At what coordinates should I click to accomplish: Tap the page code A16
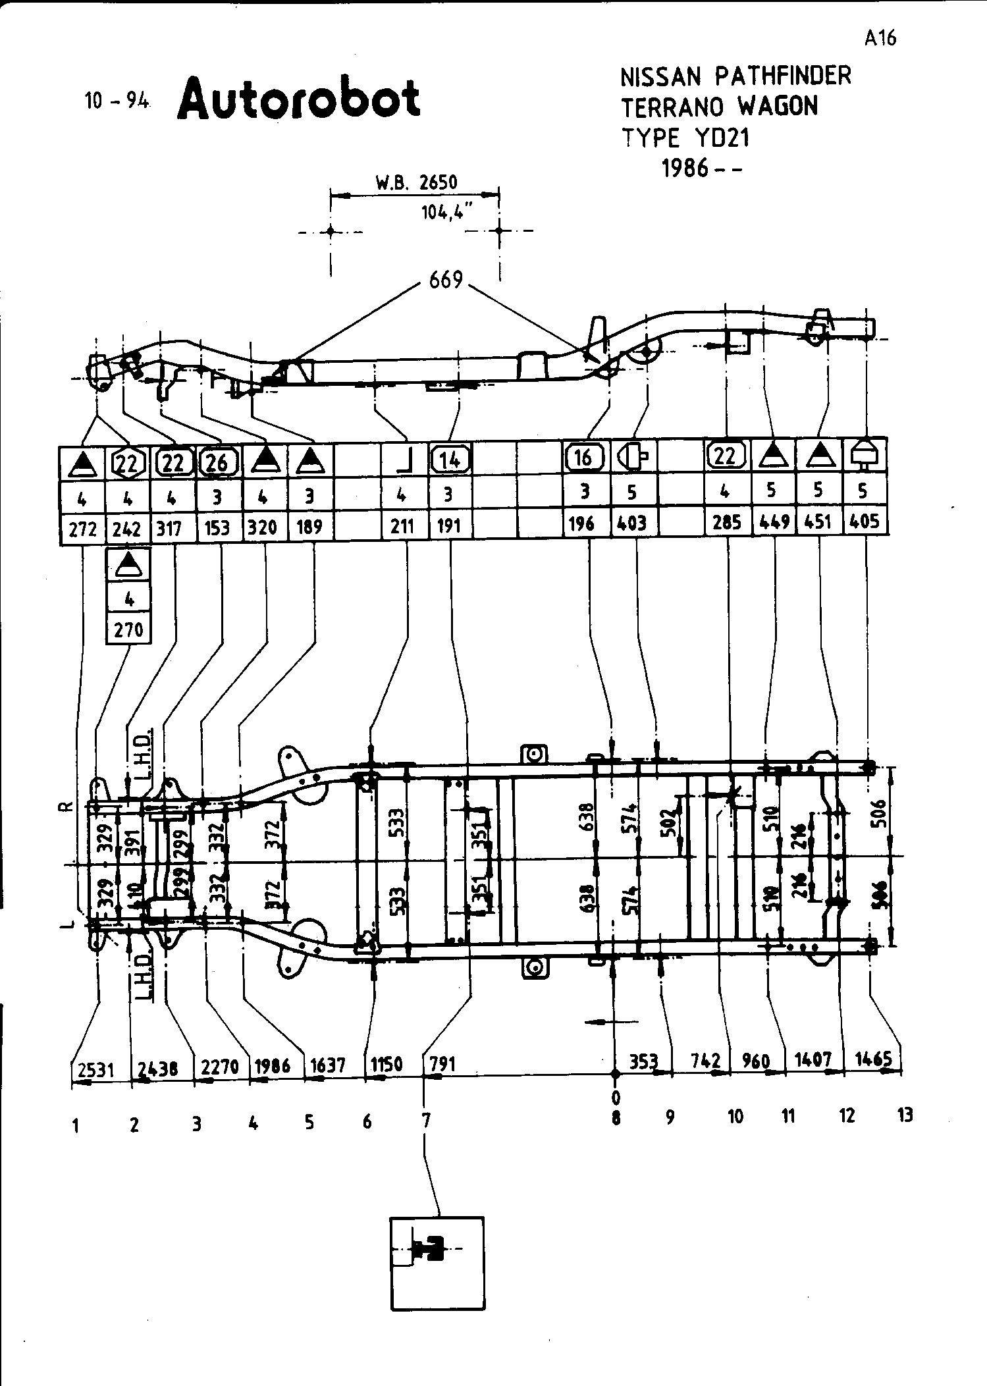tap(880, 38)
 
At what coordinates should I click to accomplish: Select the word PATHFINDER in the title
tap(783, 76)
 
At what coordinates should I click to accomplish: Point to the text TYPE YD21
tap(685, 138)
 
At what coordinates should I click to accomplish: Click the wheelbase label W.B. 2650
tap(416, 182)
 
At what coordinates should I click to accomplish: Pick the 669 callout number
tap(446, 281)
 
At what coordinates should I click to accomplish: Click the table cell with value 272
tap(82, 529)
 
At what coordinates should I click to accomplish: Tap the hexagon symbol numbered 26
tap(217, 463)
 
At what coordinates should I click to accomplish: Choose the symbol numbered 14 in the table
tap(450, 460)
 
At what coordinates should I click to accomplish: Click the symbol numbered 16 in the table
tap(583, 457)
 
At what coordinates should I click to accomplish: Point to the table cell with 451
tap(818, 521)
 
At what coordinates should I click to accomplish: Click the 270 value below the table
tap(128, 630)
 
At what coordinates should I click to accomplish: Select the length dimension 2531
tap(95, 1070)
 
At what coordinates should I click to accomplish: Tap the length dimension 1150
tap(387, 1065)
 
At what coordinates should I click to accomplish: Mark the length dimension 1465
tap(873, 1059)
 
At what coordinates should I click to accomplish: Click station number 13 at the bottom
tap(905, 1115)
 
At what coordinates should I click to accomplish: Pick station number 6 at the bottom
tap(367, 1121)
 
